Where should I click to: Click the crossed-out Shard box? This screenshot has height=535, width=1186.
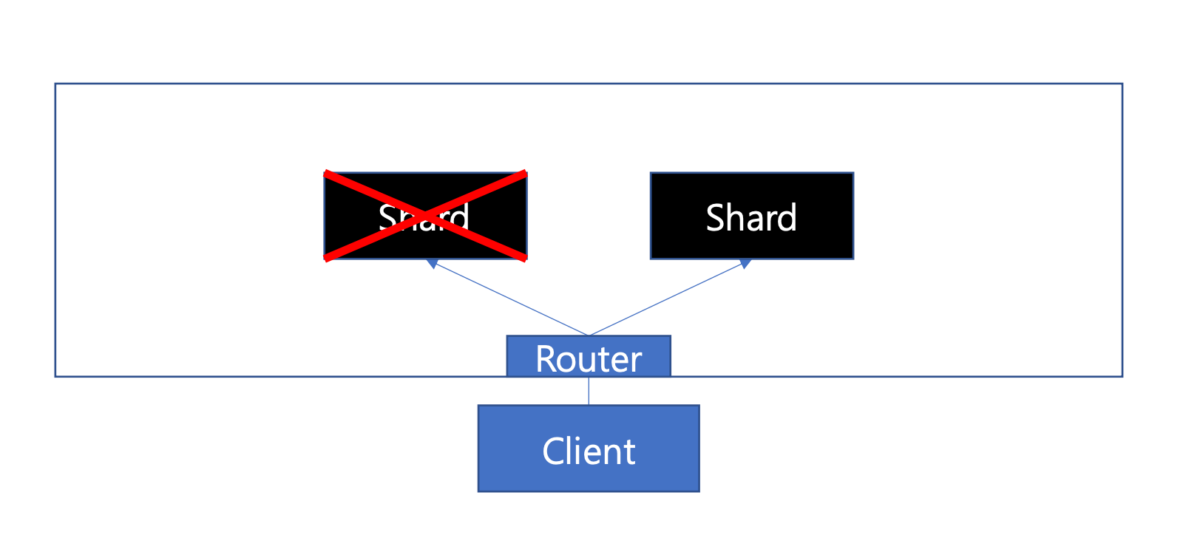[x=425, y=216]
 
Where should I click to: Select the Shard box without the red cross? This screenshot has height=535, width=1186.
[x=752, y=216]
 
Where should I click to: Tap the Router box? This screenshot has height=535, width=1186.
[x=589, y=356]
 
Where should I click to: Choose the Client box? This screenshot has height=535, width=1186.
[x=589, y=449]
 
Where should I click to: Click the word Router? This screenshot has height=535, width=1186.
[x=589, y=359]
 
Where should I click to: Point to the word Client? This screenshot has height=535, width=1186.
[x=589, y=451]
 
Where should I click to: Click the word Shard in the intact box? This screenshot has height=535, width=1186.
[x=751, y=217]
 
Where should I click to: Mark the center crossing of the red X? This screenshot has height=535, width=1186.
[x=425, y=216]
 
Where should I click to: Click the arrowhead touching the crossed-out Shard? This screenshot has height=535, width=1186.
[x=432, y=264]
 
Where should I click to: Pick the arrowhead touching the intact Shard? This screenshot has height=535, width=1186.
[x=745, y=264]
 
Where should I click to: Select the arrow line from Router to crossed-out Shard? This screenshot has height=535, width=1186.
[x=510, y=299]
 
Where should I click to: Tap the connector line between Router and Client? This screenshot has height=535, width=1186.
[x=589, y=391]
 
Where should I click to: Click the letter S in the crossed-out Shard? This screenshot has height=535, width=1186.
[x=389, y=217]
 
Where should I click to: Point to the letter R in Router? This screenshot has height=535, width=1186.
[x=546, y=359]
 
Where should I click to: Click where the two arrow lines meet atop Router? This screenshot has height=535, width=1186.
[x=589, y=335]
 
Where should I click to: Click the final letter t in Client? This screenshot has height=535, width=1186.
[x=630, y=453]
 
